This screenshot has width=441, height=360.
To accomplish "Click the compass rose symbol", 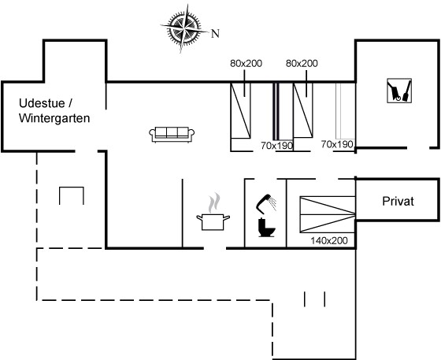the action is pos(184,28).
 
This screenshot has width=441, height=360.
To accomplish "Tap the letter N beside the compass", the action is pos(215,34).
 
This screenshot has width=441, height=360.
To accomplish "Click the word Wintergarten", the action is pos(54,118).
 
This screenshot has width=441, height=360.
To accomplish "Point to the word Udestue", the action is pos(42,103).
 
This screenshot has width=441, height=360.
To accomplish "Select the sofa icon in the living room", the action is pos(172,135).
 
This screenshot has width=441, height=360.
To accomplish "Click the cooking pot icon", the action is pos(213,222).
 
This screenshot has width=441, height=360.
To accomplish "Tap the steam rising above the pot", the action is pos(213,202).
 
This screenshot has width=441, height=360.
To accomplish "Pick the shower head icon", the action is pos(266,203).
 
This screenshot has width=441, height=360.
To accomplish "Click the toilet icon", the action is pos(266,227).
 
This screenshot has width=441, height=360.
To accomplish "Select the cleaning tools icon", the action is pos(399,91).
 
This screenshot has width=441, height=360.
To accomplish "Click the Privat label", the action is pos(398,202).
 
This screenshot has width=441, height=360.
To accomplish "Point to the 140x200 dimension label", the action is pos(329,241).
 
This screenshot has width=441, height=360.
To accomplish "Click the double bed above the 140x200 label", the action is pos(328,214).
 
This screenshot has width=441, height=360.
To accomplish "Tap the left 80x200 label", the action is pos(246,64).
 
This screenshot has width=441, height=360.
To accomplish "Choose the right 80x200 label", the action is pos(302,64).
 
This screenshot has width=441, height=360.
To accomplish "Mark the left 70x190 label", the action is pos(276,146).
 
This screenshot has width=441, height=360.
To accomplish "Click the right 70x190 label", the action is pos(337,144).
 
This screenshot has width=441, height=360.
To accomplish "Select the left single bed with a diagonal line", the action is pos(240,111).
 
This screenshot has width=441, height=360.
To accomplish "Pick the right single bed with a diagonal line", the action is pos(303,110).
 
